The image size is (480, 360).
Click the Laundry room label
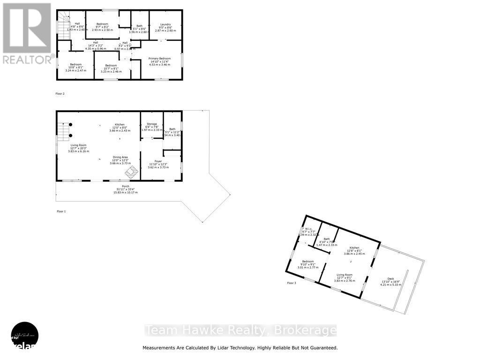coord(165,24)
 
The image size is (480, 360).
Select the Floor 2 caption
coord(60,94)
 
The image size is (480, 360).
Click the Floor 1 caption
coord(61,211)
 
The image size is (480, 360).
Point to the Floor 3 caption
coord(292,283)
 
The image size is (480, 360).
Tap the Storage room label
coord(151,124)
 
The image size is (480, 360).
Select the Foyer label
coord(151,161)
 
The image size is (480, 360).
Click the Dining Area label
coord(120,157)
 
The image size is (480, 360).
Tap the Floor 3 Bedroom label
coord(307,261)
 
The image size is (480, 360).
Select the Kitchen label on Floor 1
coord(120,125)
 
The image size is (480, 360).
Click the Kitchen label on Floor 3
coord(354,247)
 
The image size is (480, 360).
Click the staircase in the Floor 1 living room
coord(63,130)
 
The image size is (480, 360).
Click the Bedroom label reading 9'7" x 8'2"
coord(102,24)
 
